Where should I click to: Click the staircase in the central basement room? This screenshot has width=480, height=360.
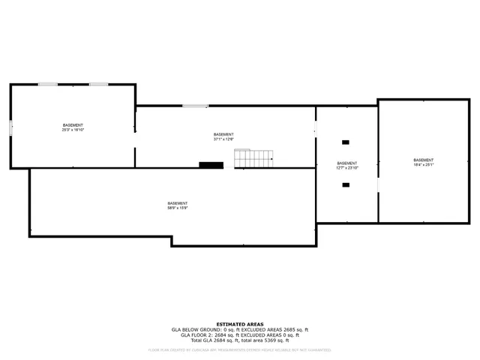point(253,158)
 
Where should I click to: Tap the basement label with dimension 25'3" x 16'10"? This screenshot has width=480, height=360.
point(73,127)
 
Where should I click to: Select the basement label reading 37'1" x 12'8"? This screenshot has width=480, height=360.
point(223,136)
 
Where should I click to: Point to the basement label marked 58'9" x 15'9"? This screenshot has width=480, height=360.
point(178,205)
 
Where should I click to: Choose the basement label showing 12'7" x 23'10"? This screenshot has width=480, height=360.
point(347,166)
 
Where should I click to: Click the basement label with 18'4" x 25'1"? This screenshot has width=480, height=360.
point(424,163)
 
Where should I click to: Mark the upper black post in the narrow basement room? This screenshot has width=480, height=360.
point(346,142)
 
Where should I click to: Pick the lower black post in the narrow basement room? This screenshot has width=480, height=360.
point(346,184)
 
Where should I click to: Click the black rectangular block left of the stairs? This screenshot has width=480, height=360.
point(211,165)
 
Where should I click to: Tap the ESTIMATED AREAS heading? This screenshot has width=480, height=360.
point(239,324)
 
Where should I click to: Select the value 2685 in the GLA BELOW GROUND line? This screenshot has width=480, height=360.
point(284,329)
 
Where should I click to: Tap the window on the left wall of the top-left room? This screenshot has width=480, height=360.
point(10,127)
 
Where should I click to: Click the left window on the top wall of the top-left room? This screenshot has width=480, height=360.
point(48,84)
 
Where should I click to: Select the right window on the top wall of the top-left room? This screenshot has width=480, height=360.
point(98,84)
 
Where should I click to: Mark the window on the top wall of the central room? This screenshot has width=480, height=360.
point(194,106)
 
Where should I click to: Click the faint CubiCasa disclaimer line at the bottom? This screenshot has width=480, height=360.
point(239,349)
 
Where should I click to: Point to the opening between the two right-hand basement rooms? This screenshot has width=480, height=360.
point(378,184)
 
